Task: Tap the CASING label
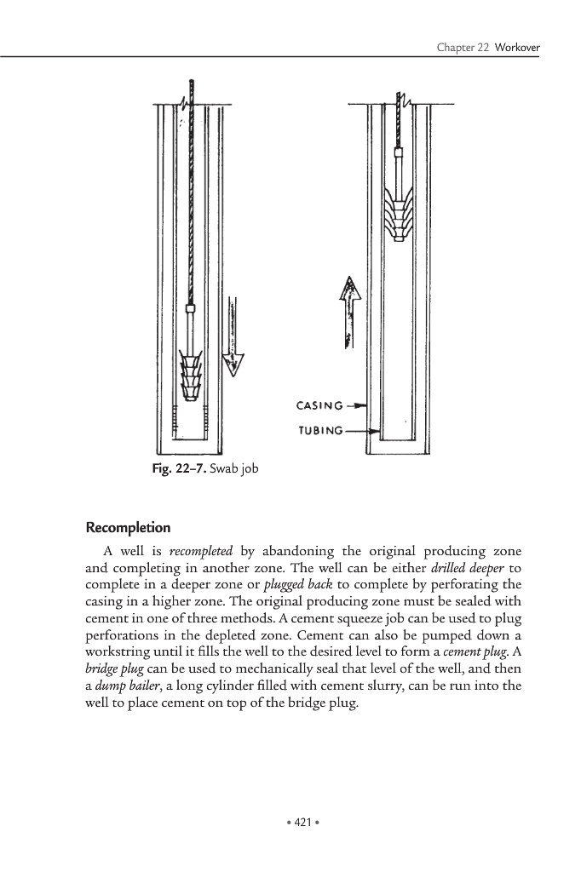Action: (320, 406)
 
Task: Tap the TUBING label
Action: (320, 431)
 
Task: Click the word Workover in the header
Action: (517, 45)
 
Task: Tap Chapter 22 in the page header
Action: (463, 45)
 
